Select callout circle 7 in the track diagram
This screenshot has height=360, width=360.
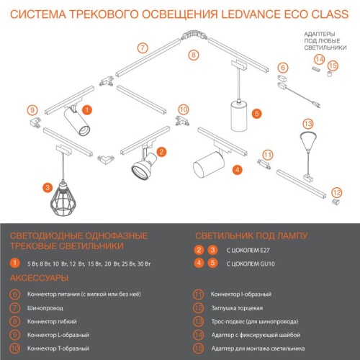pyautogui.click(x=143, y=48)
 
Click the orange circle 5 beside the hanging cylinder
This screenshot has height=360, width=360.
pyautogui.click(x=257, y=112)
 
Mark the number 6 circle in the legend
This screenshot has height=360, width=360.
pyautogui.click(x=15, y=294)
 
